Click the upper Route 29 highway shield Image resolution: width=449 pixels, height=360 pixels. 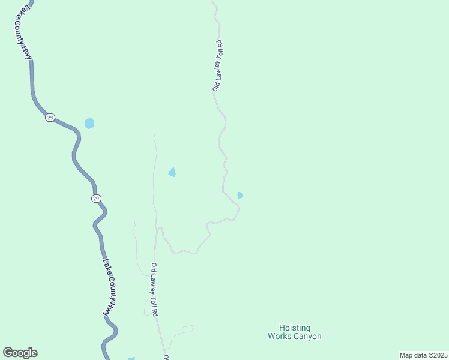pyautogui.click(x=50, y=118)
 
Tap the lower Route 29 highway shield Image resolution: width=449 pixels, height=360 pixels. pyautogui.click(x=96, y=199)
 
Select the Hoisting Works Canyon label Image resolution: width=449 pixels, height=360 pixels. pyautogui.click(x=294, y=332)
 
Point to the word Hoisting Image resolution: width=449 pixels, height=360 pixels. pyautogui.click(x=295, y=328)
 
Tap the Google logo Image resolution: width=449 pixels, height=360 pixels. pyautogui.click(x=20, y=353)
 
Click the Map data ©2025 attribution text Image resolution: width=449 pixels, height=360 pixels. pyautogui.click(x=423, y=355)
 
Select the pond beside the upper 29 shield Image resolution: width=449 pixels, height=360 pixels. pyautogui.click(x=89, y=124)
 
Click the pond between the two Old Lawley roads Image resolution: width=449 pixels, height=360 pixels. pyautogui.click(x=172, y=173)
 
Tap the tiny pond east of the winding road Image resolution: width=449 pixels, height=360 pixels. pyautogui.click(x=240, y=195)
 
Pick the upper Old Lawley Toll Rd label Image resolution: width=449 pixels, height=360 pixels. pyautogui.click(x=218, y=66)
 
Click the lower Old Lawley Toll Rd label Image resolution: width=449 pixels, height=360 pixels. pyautogui.click(x=155, y=290)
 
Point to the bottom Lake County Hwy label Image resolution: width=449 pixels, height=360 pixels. pyautogui.click(x=108, y=287)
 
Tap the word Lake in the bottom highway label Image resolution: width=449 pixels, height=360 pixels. pyautogui.click(x=105, y=266)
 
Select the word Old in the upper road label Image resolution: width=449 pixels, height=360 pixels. pyautogui.click(x=215, y=86)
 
